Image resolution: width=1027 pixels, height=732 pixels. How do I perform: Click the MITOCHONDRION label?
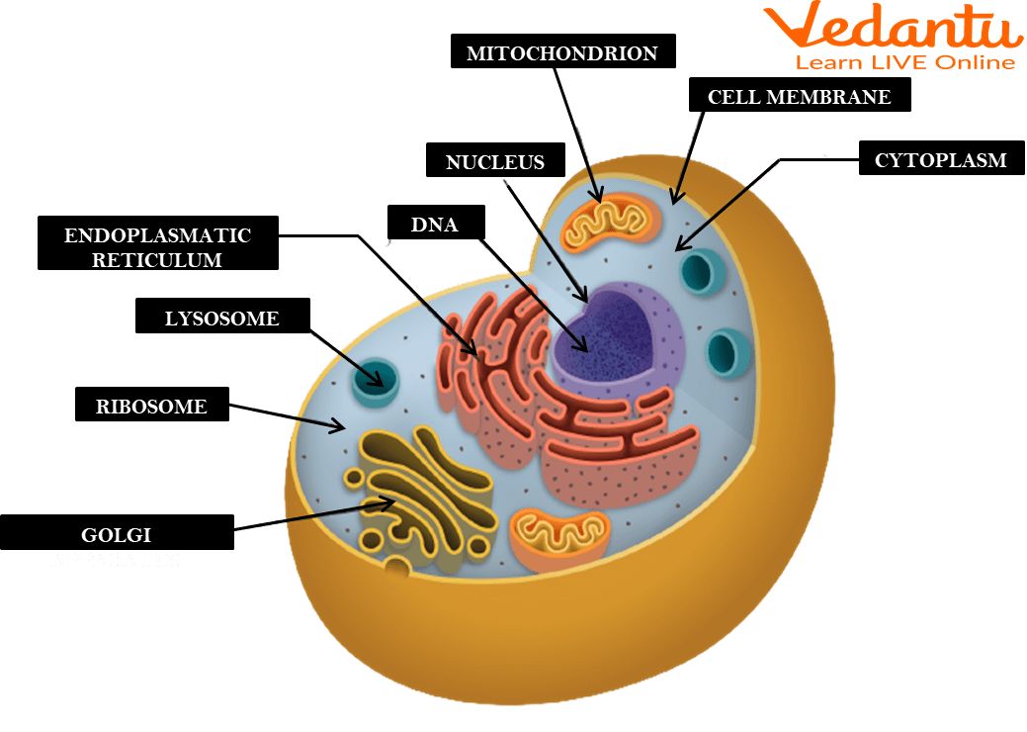tap(561, 52)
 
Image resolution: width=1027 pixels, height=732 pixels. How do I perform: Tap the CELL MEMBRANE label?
tap(799, 97)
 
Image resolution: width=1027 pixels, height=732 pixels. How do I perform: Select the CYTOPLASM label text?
tap(940, 160)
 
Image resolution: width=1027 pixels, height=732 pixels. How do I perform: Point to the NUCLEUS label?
tap(494, 162)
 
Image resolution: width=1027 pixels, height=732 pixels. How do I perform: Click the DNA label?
tap(434, 225)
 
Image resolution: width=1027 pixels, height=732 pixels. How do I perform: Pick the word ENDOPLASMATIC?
tap(157, 236)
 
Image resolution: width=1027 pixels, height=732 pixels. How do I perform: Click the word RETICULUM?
tap(157, 260)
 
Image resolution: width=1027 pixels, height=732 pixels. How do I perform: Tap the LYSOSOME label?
tap(221, 319)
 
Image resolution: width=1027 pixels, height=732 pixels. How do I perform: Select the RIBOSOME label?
tap(151, 406)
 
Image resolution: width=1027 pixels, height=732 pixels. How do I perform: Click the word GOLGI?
tap(116, 535)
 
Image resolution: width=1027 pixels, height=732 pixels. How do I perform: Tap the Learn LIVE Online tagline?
tap(905, 62)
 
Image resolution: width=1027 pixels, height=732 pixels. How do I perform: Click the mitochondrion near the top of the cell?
tap(611, 224)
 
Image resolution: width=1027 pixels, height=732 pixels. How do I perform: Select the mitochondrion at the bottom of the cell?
tap(558, 538)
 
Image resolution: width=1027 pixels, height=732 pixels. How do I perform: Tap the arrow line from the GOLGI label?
tap(316, 515)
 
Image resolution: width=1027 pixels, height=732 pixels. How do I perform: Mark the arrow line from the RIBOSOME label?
tap(287, 415)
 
